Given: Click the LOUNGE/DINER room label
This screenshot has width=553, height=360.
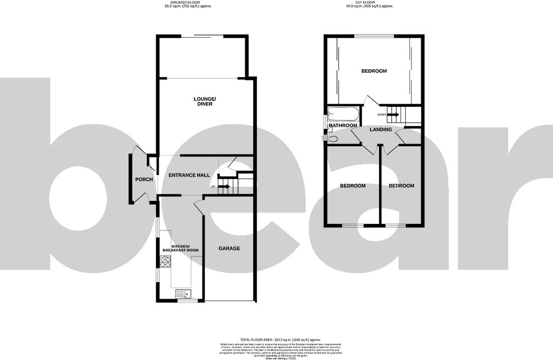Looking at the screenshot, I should click(205, 101).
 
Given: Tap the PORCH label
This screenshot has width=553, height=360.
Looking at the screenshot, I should click(144, 180).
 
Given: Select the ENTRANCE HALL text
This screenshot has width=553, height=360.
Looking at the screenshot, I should click(189, 175).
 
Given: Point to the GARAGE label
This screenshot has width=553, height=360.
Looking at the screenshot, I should click(229, 248).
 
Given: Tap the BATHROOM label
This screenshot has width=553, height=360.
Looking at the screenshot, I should click(343, 126).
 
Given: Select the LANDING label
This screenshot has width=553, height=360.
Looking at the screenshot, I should click(381, 130).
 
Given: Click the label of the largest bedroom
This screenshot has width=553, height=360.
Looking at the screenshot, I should click(374, 71).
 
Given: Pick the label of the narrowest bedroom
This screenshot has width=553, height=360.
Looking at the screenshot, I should click(401, 186).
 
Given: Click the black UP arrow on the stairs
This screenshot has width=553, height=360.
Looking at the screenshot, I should click(224, 187).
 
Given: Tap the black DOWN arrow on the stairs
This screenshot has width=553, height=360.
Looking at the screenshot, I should click(393, 114).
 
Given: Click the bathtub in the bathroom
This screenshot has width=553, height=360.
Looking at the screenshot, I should click(342, 114).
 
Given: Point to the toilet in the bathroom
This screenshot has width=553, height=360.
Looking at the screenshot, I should click(332, 139).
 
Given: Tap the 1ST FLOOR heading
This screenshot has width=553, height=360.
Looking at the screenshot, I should click(369, 3).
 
